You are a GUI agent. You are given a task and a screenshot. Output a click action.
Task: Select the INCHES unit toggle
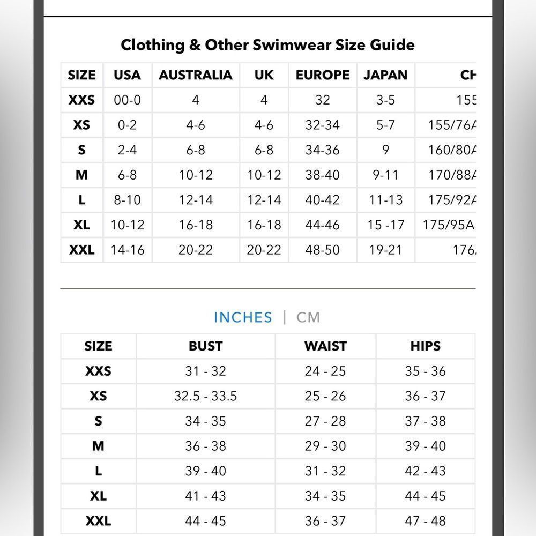pos(243,317)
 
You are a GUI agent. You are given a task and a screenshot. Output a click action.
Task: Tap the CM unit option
pos(308,317)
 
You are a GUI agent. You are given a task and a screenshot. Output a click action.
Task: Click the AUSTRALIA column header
pos(196,75)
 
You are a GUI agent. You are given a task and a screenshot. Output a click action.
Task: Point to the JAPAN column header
pos(385,75)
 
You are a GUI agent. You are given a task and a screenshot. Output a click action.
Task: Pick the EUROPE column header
pos(322,75)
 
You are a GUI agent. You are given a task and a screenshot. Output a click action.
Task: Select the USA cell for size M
pos(127,175)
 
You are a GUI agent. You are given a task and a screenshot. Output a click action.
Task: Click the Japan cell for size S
pos(385,150)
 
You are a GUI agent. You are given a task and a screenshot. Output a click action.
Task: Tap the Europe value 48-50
pos(322,250)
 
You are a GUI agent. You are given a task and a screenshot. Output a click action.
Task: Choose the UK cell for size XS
pos(264,125)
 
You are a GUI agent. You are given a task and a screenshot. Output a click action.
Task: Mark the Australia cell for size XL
pos(196,225)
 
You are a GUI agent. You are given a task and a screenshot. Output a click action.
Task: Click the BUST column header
pos(205,346)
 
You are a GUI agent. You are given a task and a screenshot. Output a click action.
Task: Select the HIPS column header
pos(426,346)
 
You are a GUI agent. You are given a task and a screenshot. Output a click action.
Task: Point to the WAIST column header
pos(325,346)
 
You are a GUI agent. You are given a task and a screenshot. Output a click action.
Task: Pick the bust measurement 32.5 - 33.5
pos(205,396)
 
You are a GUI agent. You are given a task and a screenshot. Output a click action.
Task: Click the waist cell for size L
pos(325,471)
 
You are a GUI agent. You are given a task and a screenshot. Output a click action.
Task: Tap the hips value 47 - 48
pos(426,521)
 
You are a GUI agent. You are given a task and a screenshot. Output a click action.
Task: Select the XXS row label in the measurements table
pos(98,371)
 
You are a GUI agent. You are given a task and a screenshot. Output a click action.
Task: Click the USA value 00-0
pos(127,100)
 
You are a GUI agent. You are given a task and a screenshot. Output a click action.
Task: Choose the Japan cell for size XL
pos(385,225)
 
